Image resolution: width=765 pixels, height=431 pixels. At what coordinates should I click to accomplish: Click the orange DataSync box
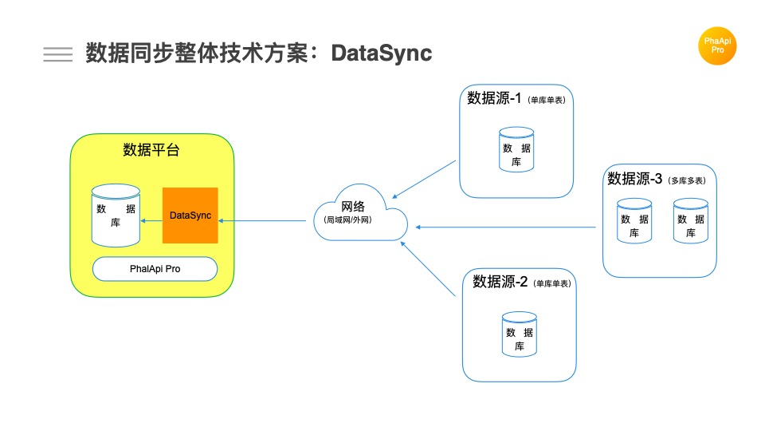point(190,215)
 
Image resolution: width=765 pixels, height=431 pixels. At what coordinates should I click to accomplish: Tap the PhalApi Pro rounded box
point(155,269)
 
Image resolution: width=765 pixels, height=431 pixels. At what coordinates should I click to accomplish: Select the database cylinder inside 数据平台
point(116,215)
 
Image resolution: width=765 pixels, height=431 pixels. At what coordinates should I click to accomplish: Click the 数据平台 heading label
point(151,149)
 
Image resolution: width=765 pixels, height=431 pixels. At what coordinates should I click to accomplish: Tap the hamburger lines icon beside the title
point(57,53)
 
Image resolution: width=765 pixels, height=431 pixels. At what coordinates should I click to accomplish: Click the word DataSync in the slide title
point(382,53)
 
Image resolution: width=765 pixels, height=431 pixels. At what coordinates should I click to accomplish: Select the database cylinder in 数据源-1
point(516,149)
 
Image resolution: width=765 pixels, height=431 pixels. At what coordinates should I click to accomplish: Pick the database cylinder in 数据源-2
point(519,334)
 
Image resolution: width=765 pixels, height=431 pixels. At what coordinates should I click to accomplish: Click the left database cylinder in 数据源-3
point(634,221)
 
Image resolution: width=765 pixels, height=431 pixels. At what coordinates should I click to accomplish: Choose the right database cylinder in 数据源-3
point(690,221)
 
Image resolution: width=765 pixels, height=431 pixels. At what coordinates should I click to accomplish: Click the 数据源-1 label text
point(494,99)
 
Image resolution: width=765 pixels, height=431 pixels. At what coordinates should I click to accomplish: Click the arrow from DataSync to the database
point(151,220)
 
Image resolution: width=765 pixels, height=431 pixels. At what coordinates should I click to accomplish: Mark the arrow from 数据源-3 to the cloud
point(505,227)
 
